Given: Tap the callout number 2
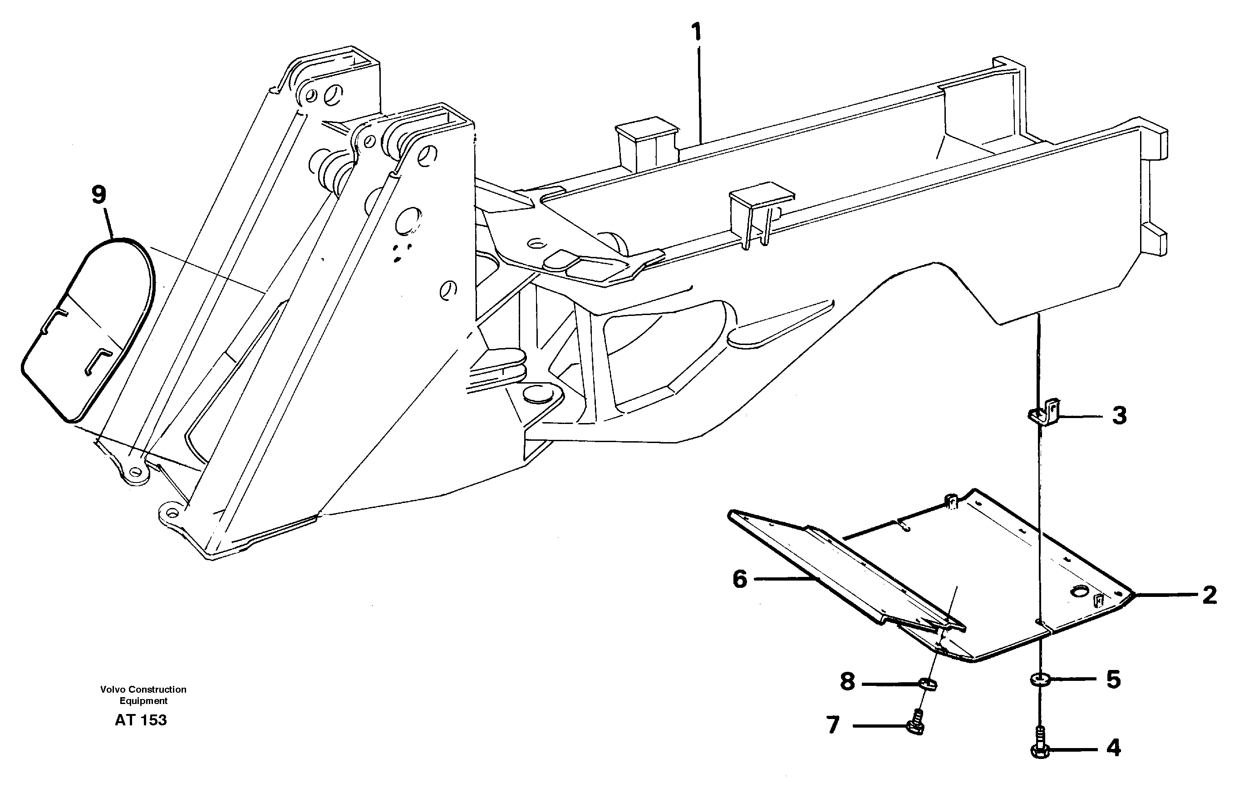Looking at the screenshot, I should click(x=1209, y=596).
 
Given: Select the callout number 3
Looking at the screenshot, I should click(x=1119, y=415).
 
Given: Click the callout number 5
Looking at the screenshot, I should click(x=1113, y=680).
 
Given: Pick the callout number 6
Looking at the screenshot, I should click(x=740, y=580).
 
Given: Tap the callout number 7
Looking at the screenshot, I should click(x=833, y=725).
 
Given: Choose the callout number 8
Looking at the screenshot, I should click(x=847, y=682).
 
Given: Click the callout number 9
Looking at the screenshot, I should click(x=98, y=195).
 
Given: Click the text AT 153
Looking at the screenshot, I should click(x=141, y=720).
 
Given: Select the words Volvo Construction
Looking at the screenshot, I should click(x=143, y=689).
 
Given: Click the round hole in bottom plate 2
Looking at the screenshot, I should click(x=1078, y=591).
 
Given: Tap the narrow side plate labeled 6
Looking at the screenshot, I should click(x=834, y=571).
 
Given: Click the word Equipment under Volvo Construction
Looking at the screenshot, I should click(x=143, y=700).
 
